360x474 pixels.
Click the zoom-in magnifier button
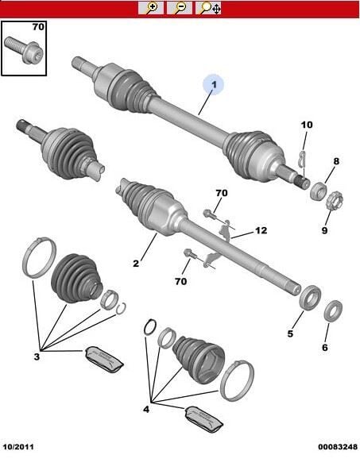(x=151, y=8)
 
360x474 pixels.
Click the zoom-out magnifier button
(x=180, y=8)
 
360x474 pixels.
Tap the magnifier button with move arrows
(x=208, y=8)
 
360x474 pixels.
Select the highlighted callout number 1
(x=214, y=85)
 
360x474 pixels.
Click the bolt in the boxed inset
(x=25, y=49)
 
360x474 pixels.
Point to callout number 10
(x=307, y=125)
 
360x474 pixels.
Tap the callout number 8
(x=336, y=161)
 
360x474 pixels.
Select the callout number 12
(x=261, y=231)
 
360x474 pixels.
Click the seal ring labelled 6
(x=333, y=311)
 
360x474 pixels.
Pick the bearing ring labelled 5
(x=310, y=298)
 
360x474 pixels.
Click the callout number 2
(x=136, y=264)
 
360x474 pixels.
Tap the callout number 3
(x=37, y=357)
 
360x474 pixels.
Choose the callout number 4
(x=146, y=410)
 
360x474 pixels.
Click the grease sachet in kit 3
(x=104, y=359)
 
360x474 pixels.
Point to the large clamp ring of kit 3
(x=40, y=257)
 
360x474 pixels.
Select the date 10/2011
(x=18, y=446)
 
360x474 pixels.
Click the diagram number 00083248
(x=337, y=446)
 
